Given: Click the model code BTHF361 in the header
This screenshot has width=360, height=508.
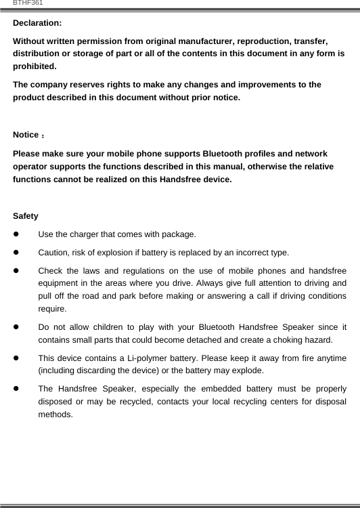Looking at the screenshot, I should (28, 3).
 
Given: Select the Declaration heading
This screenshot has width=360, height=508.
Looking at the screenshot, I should (37, 23).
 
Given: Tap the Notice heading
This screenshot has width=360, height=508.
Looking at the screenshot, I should (26, 135).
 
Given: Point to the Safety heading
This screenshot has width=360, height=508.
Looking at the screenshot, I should (26, 216).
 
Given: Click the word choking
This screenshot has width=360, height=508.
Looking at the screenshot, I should (284, 340).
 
